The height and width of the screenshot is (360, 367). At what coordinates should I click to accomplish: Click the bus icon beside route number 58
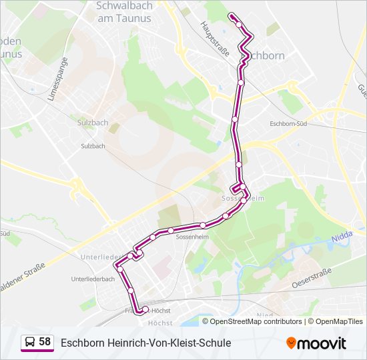tap(29, 343)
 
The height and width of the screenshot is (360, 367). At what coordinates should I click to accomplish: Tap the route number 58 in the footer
tap(45, 342)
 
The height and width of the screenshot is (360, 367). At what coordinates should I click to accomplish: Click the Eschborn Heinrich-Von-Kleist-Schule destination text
tap(145, 343)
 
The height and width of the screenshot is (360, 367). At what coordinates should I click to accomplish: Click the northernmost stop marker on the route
tap(232, 15)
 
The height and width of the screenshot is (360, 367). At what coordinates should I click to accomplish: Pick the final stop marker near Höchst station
tap(145, 309)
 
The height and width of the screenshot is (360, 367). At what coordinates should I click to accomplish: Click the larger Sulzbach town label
tap(93, 123)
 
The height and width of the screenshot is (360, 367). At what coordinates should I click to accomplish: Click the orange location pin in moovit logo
tap(292, 343)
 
